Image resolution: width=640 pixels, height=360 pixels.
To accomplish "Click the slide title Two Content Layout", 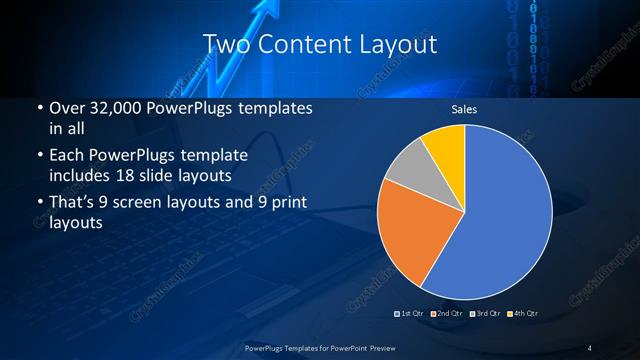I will coord(319,44).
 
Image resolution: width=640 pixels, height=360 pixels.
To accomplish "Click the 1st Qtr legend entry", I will coord(412,313).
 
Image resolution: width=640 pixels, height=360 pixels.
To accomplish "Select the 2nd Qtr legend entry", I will coord(450,313).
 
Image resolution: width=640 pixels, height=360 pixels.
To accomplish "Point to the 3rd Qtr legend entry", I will coord(487,313).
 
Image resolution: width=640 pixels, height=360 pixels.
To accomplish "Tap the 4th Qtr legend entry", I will coord(524,313).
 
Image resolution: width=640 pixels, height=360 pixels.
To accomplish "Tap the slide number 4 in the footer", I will coord(590,348).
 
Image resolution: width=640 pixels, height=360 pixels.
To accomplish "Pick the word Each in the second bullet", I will coord(66,157).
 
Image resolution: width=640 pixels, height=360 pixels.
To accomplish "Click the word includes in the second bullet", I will coord(79,176).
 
